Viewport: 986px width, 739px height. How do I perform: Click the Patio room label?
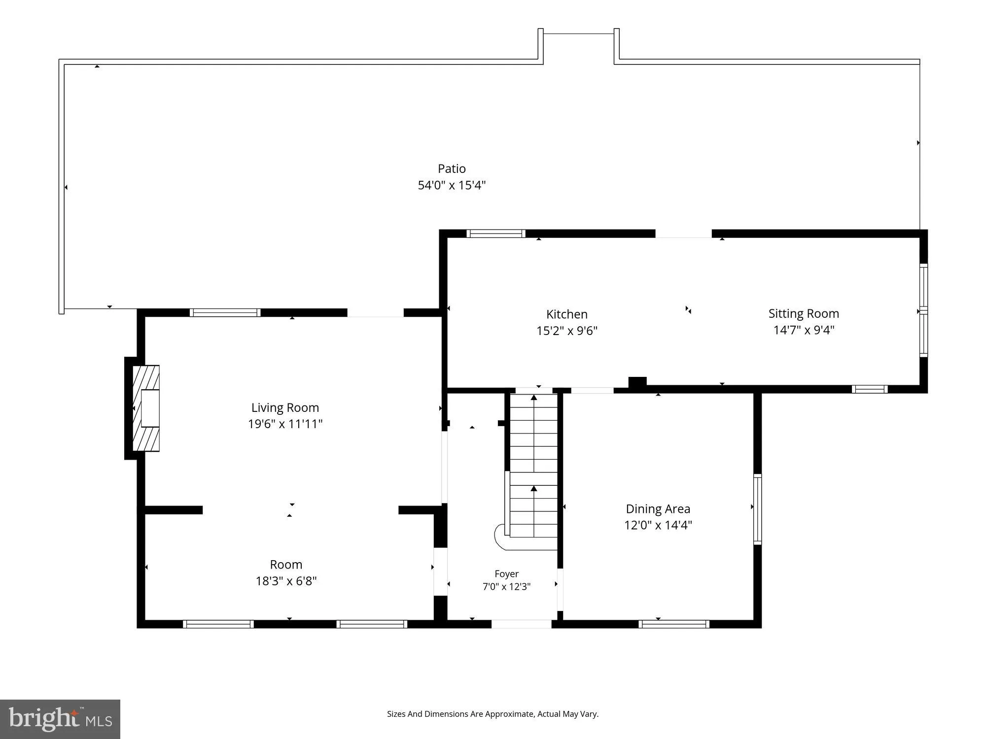coord(452,168)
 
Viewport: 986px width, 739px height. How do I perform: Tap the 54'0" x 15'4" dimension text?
coord(452,185)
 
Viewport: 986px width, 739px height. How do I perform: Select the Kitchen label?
coord(566,314)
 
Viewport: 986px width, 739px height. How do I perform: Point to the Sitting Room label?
coord(804,313)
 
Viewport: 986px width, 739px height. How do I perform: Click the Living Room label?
coord(285,407)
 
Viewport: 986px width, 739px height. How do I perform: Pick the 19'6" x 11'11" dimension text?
coord(285,424)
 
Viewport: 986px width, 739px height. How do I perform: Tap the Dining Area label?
coord(658,509)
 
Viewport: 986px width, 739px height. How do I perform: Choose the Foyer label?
coord(506,574)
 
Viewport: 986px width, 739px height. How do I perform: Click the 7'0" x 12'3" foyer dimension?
coord(506,587)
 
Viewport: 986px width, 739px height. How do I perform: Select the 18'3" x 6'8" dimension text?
coord(286,581)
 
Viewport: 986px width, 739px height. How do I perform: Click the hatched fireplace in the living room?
coord(146,408)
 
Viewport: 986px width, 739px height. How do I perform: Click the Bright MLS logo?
coord(60,719)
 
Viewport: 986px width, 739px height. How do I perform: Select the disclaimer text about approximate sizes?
coord(493,714)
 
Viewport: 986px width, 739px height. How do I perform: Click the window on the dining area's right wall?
coord(758,509)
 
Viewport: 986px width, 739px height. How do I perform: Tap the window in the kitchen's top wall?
coord(496,234)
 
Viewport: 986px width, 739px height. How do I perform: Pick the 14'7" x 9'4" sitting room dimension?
coord(804,330)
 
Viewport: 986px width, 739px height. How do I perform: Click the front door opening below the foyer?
coord(521,624)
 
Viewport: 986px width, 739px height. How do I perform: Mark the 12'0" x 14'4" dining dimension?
coord(658,525)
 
